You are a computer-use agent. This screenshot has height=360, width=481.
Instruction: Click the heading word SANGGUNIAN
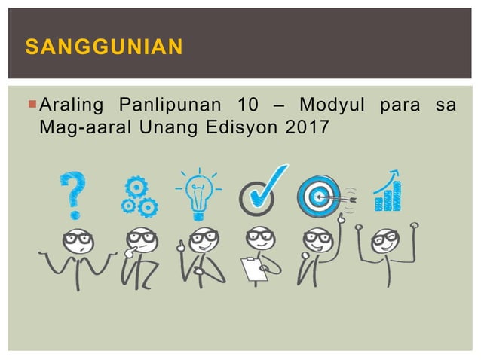(x=104, y=48)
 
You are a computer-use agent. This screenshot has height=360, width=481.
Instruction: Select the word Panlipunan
(x=167, y=104)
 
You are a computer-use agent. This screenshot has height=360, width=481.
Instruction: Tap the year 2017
(x=308, y=127)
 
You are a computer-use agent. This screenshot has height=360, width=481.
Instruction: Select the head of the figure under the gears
(x=140, y=239)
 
